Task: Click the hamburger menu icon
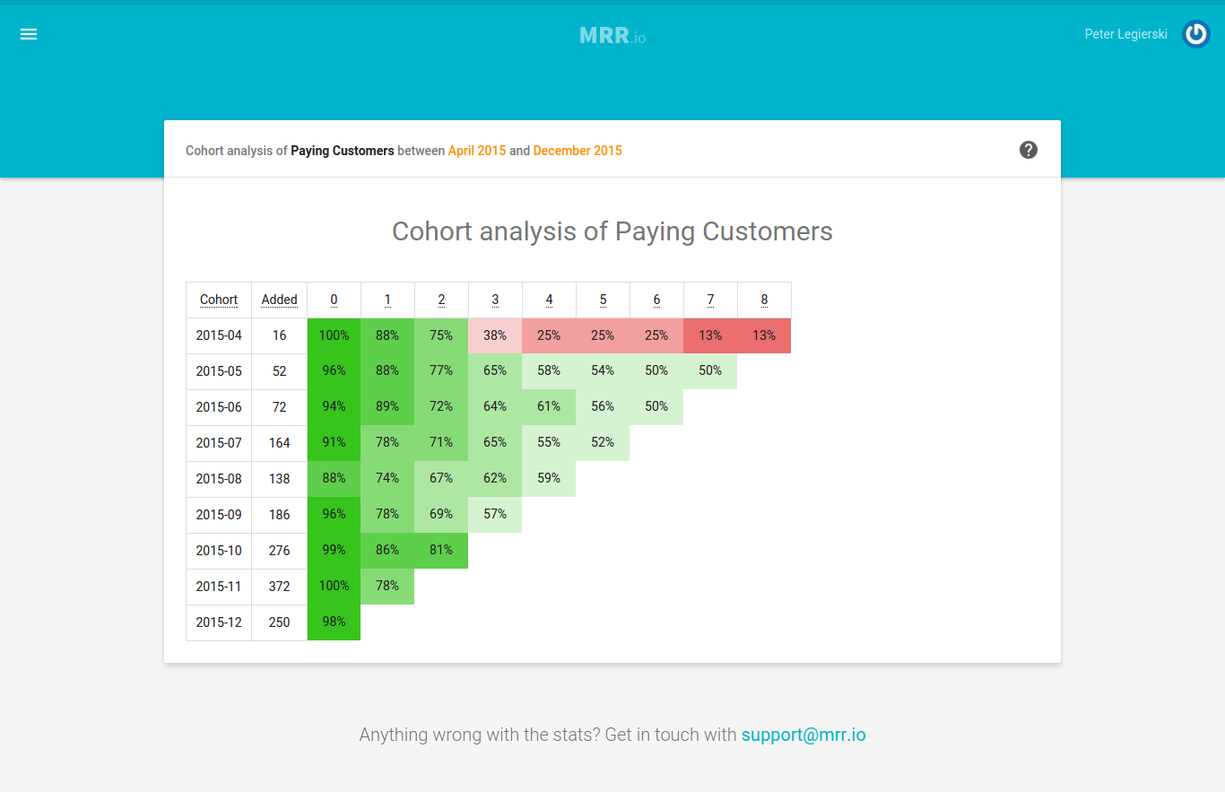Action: coord(29,34)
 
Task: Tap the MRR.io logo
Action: coord(612,36)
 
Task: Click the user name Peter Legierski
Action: coord(1125,34)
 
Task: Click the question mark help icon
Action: coord(1029,150)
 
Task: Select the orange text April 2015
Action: coord(477,151)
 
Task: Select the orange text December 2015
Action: coord(578,151)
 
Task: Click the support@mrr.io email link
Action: coord(804,735)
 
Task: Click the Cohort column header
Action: coord(219,300)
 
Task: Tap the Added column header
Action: coord(280,300)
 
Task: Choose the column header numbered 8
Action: coord(764,300)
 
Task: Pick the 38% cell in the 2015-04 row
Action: coord(495,335)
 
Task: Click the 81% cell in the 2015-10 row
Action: coord(441,550)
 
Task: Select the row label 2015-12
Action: coord(219,622)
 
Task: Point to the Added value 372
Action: coord(280,586)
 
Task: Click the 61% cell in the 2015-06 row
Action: coord(549,406)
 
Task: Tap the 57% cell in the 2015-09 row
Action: coord(495,514)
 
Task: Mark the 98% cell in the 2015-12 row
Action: coord(334,622)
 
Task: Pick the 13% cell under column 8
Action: coord(764,335)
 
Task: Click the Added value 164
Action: coord(280,442)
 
